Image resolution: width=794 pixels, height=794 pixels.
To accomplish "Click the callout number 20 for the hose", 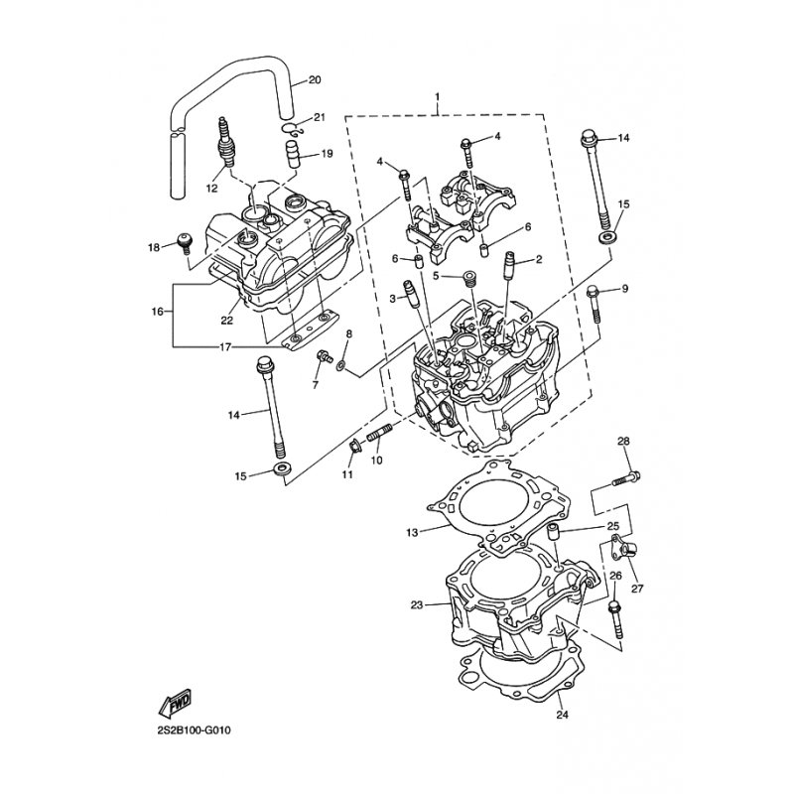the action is coord(315,80).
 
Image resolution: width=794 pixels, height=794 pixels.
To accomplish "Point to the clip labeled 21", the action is coord(292,129).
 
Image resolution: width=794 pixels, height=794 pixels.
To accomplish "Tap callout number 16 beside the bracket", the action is coord(158,312).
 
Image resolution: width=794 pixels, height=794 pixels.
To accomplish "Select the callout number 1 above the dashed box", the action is coord(438,96).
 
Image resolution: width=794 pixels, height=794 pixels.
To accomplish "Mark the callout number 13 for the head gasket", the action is coord(412,533).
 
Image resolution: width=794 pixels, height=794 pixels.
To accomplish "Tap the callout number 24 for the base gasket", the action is coord(562,715).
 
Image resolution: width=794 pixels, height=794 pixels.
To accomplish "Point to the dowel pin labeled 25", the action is coord(554,533).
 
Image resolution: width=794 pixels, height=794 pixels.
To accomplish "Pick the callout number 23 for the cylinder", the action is coord(417,605).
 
